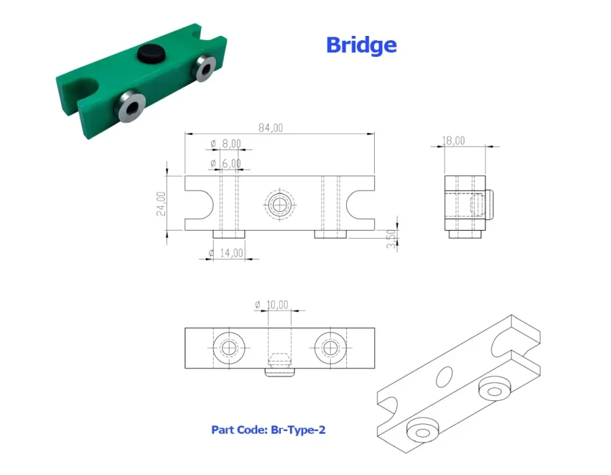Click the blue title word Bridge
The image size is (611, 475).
pyautogui.click(x=361, y=45)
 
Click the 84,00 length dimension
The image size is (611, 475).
pyautogui.click(x=271, y=128)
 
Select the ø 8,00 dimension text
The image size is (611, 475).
pyautogui.click(x=226, y=144)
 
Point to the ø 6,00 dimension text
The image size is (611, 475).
pyautogui.click(x=226, y=163)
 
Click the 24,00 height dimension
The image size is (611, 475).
pyautogui.click(x=161, y=204)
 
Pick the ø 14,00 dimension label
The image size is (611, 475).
pyautogui.click(x=225, y=253)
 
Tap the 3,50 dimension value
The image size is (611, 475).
pyautogui.click(x=391, y=239)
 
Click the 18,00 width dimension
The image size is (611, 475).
pyautogui.click(x=453, y=140)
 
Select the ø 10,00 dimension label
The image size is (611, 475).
pyautogui.click(x=272, y=305)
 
